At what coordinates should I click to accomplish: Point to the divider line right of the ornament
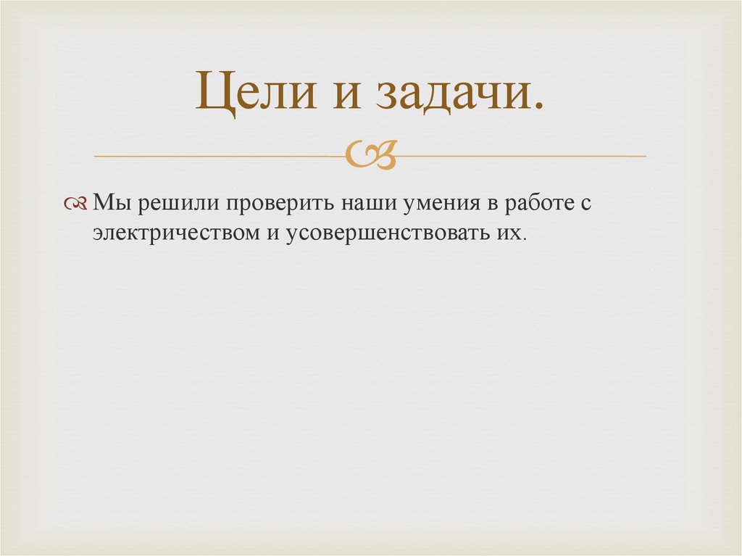pyautogui.click(x=522, y=156)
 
